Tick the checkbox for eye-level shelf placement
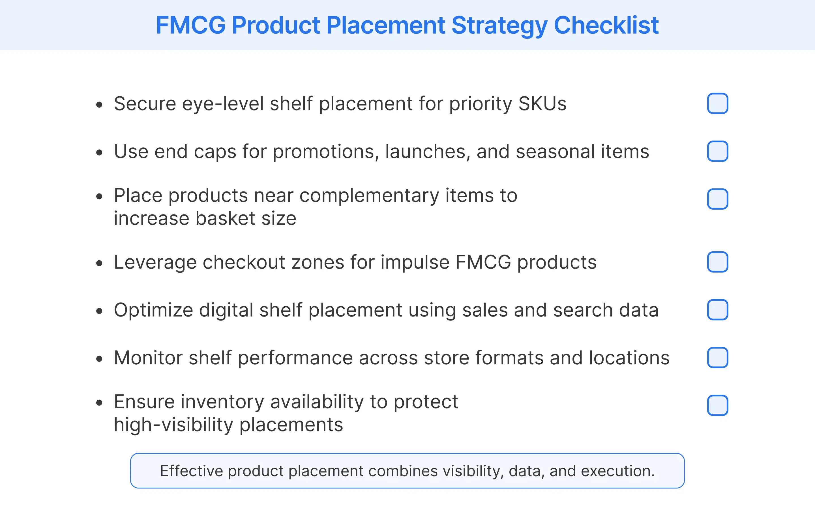tap(717, 103)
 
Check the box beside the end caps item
tap(717, 151)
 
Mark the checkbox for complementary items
tap(717, 199)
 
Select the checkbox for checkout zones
tap(717, 262)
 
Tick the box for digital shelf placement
tap(717, 310)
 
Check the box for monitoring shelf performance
tap(717, 358)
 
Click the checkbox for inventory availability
tap(717, 405)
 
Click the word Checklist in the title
tap(606, 25)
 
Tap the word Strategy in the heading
tap(499, 25)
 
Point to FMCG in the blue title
tap(190, 25)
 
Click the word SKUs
tap(542, 104)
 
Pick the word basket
tap(225, 219)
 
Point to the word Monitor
tap(148, 358)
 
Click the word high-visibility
tap(173, 425)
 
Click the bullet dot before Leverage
tap(99, 263)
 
